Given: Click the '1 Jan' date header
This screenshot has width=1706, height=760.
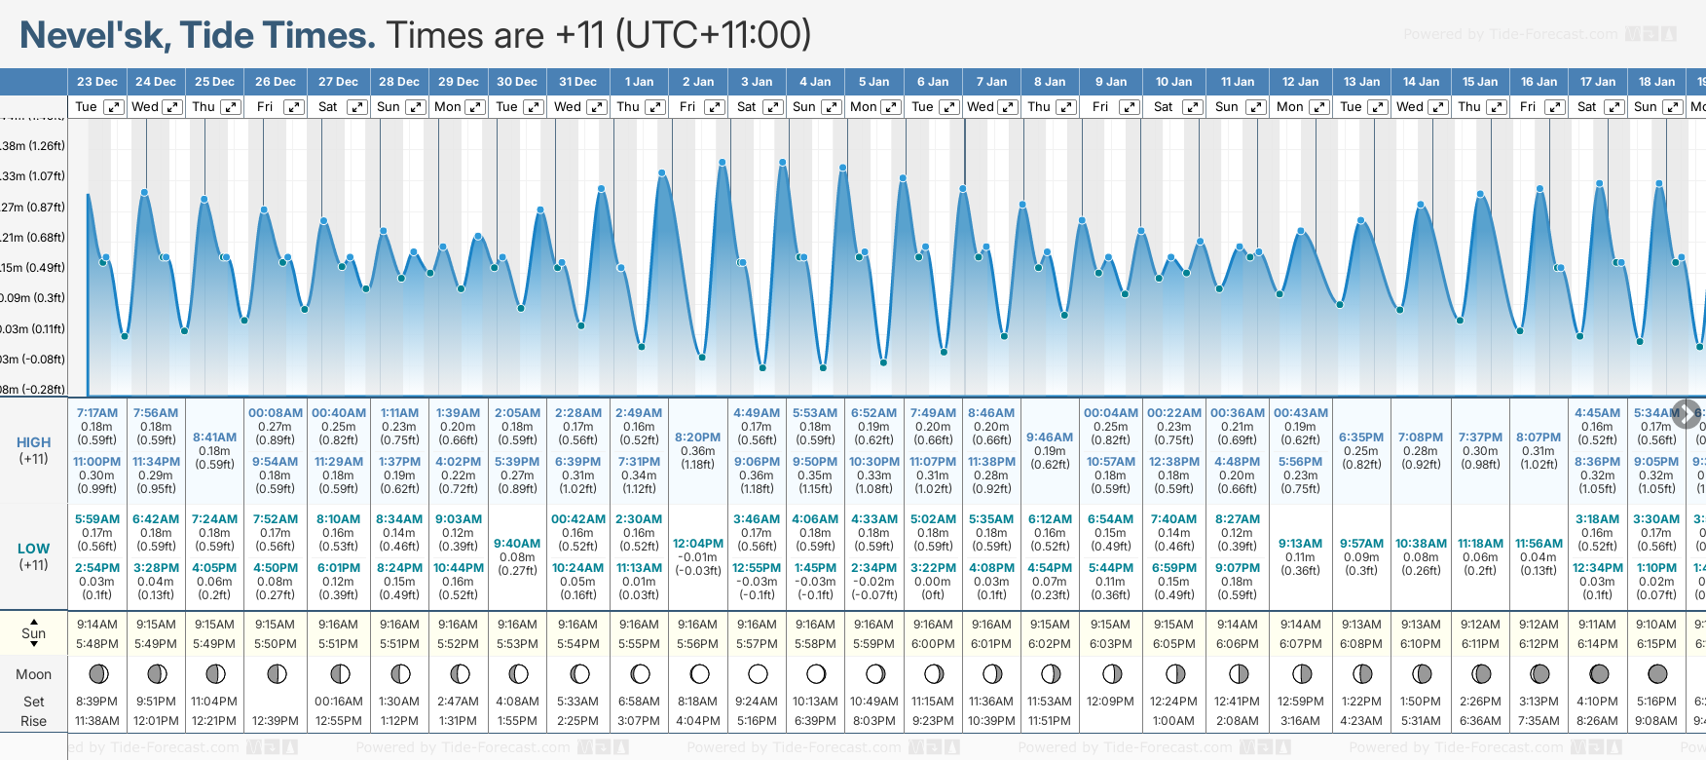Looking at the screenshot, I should click(639, 82).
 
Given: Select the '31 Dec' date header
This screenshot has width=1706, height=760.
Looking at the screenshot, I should click(577, 82).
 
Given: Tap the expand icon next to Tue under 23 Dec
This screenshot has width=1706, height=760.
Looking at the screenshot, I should click(114, 107).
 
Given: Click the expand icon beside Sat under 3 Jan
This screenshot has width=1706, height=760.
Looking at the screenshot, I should click(772, 107).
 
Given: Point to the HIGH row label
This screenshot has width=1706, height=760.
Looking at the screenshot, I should click(33, 442).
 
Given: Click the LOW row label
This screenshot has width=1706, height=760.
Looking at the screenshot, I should click(33, 549).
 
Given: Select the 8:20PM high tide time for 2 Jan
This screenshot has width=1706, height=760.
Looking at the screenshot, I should click(697, 437).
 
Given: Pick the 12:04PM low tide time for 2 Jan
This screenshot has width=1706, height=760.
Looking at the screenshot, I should click(697, 544).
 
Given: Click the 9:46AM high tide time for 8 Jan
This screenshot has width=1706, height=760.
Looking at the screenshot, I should click(1050, 437).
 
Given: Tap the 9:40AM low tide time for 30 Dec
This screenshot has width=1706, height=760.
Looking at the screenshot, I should click(517, 544).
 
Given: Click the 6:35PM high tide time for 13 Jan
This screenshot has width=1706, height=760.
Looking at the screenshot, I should click(1360, 437).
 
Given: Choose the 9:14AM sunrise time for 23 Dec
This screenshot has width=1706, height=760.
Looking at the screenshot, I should click(96, 625).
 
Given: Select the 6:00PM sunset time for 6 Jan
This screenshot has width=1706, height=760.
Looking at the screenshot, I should click(932, 644).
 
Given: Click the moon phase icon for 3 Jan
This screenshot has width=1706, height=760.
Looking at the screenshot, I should click(758, 673).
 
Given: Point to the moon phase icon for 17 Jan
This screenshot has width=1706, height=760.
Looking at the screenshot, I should click(1598, 673).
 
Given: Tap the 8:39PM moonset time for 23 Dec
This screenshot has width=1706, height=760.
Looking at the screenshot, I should click(96, 702).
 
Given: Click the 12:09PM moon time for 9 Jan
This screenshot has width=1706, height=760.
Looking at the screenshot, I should click(1110, 702).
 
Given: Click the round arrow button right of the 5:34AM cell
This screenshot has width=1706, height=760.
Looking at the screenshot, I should click(1686, 413).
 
